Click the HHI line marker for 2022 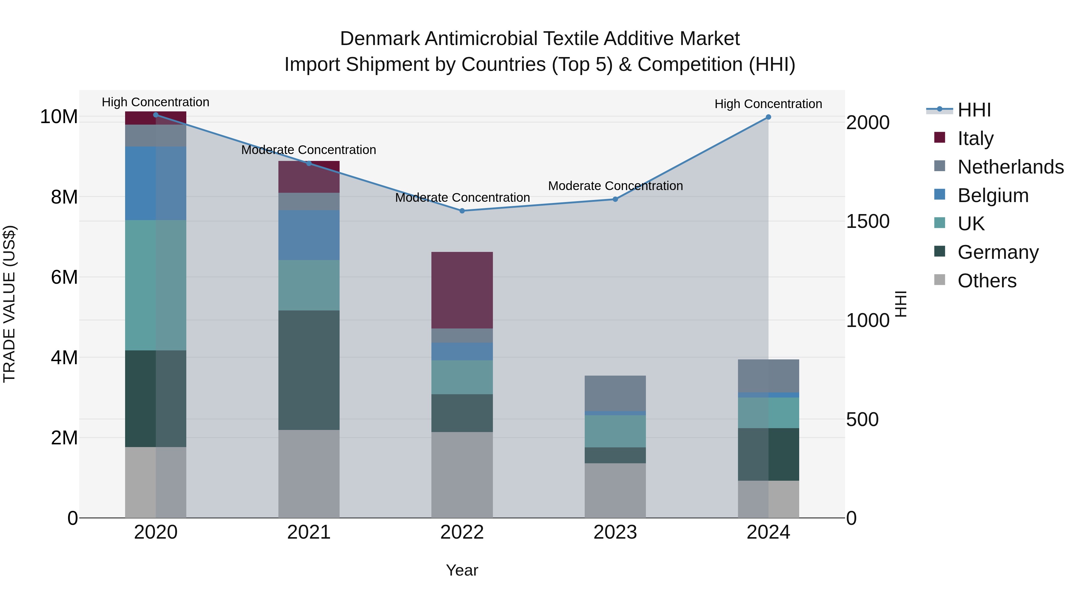tap(462, 211)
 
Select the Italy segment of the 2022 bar tap(462, 290)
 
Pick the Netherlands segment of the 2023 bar tap(615, 393)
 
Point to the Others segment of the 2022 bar tap(462, 475)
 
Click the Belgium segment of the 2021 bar tap(309, 235)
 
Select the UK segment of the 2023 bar tap(615, 431)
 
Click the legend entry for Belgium tap(993, 195)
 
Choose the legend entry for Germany tap(998, 252)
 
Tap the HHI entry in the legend tap(973, 110)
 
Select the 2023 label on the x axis tap(615, 532)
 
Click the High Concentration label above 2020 tap(155, 102)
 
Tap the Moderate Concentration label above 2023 tap(615, 186)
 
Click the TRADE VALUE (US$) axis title tap(9, 304)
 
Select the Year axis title tap(462, 570)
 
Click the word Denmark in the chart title tap(379, 39)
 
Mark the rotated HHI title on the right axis tap(901, 304)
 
